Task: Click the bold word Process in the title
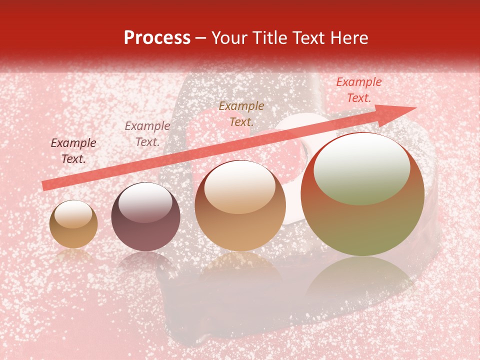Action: (157, 38)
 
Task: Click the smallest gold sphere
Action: (73, 224)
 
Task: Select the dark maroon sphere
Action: (145, 217)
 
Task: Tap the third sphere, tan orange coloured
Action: (240, 205)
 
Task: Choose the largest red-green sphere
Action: (362, 194)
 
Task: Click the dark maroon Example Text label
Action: (73, 151)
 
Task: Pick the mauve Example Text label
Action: (147, 134)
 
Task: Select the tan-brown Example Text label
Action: (241, 113)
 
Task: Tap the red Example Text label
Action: (359, 90)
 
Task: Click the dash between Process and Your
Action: (200, 38)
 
